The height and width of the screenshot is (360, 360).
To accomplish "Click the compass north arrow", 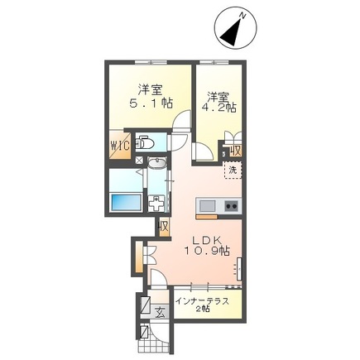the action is (231, 32).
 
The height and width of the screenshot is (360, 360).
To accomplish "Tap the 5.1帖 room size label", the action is (151, 103).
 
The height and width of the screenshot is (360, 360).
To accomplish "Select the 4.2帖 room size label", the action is (222, 107).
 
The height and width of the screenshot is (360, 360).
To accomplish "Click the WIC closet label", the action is (120, 146).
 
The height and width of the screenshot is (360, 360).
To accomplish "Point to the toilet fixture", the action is (145, 142).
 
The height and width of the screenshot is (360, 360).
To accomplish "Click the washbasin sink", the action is (156, 163).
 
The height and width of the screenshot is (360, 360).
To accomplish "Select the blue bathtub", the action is (126, 204).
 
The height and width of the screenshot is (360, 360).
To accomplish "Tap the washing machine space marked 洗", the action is (233, 170).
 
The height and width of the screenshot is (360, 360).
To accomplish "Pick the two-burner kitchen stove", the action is (232, 206).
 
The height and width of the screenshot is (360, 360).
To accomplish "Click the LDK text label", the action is (207, 241).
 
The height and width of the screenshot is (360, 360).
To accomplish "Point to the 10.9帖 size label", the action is (207, 251).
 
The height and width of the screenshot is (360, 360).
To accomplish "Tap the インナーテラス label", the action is (203, 301).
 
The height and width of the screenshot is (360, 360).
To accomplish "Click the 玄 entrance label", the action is (161, 313).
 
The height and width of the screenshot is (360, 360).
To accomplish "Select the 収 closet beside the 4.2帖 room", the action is (236, 151).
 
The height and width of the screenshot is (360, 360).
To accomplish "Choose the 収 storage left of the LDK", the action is (164, 227).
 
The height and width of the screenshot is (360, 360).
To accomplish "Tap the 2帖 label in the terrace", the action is (203, 309).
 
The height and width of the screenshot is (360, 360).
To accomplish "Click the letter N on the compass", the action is (242, 16).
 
